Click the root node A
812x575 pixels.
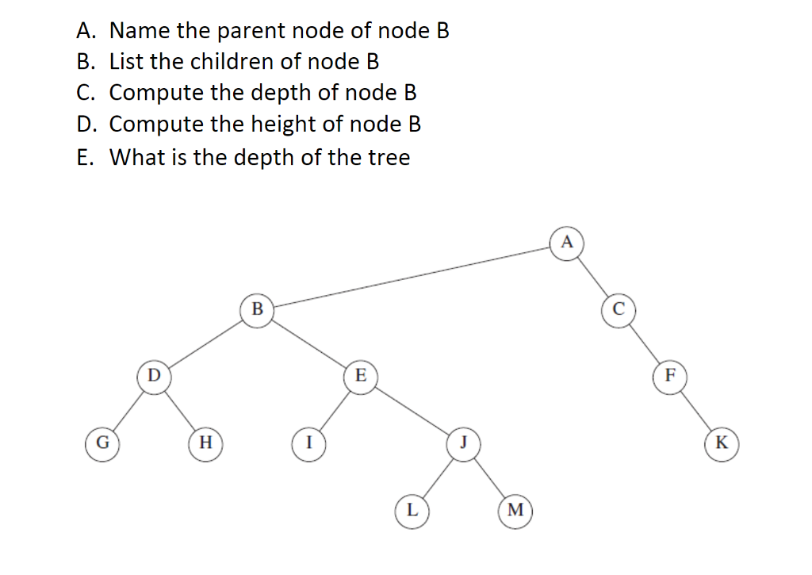566,242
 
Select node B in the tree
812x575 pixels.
257,309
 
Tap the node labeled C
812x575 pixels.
619,309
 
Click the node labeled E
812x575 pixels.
361,374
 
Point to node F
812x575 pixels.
670,374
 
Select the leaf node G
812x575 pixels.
102,442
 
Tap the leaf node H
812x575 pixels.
205,442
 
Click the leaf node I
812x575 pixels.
308,442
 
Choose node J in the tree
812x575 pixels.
463,442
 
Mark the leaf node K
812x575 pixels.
722,442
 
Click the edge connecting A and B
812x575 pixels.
412,275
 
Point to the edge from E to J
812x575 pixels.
412,408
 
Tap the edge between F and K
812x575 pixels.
695,408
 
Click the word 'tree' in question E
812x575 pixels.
389,157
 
